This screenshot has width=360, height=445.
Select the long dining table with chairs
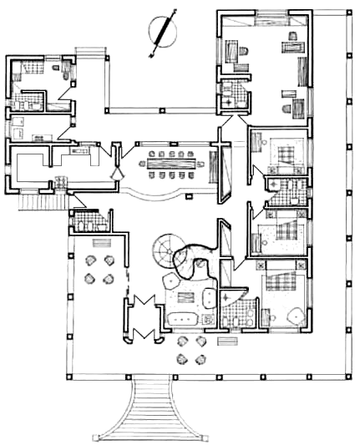click(x=171, y=164)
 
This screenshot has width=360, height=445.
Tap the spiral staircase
click(x=164, y=250)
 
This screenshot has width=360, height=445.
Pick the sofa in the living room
click(x=180, y=318)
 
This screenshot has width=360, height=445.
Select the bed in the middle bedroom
click(x=284, y=230)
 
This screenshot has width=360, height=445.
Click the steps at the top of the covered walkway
click(x=91, y=55)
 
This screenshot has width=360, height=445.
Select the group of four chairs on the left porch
click(x=99, y=270)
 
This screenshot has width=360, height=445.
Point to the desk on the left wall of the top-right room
click(x=228, y=54)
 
